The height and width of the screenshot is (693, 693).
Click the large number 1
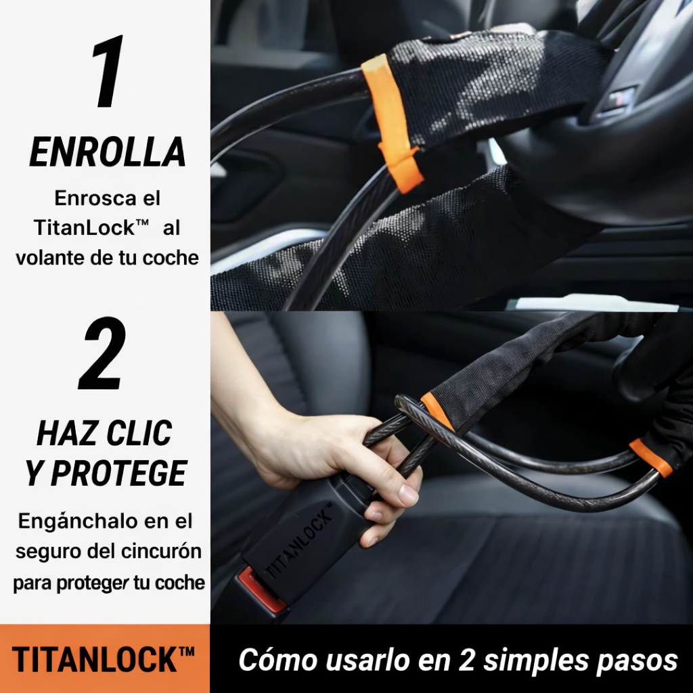click(108, 72)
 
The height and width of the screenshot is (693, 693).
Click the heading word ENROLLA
click(107, 153)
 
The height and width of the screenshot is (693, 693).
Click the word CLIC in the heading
click(142, 433)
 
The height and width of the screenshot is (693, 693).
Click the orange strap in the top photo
click(393, 122)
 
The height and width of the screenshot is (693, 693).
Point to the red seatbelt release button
click(261, 591)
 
